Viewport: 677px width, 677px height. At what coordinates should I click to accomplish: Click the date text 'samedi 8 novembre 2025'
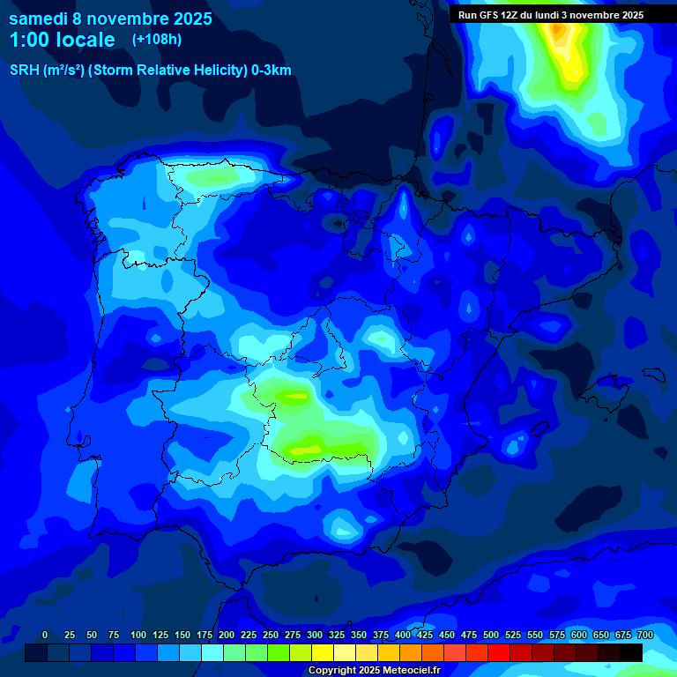[110, 19]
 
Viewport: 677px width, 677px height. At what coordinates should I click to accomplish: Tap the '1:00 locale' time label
[62, 40]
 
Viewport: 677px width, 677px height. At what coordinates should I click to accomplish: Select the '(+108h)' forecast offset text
[156, 39]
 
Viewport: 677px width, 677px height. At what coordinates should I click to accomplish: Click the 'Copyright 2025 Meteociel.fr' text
[374, 671]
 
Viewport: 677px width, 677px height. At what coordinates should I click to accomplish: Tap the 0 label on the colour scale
[45, 635]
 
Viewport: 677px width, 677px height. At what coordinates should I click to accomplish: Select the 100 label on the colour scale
[138, 635]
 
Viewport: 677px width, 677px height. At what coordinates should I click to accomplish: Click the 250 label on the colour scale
[271, 635]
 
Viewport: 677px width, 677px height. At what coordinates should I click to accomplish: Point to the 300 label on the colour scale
[315, 635]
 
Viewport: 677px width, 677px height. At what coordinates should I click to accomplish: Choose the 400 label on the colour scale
[403, 635]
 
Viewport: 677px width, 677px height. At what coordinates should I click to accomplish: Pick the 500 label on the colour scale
[491, 635]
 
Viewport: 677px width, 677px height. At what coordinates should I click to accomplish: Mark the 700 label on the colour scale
[645, 635]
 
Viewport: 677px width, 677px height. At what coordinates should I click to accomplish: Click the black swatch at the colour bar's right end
[631, 653]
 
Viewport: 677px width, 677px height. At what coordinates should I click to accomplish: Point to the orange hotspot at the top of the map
[557, 31]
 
